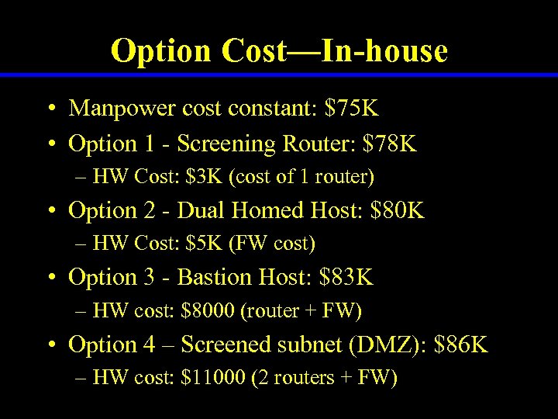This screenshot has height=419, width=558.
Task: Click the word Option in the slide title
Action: (161, 51)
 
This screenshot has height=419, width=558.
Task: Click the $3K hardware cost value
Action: (201, 177)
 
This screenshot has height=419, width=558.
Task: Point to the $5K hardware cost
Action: (201, 244)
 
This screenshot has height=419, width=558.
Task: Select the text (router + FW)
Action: (301, 311)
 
